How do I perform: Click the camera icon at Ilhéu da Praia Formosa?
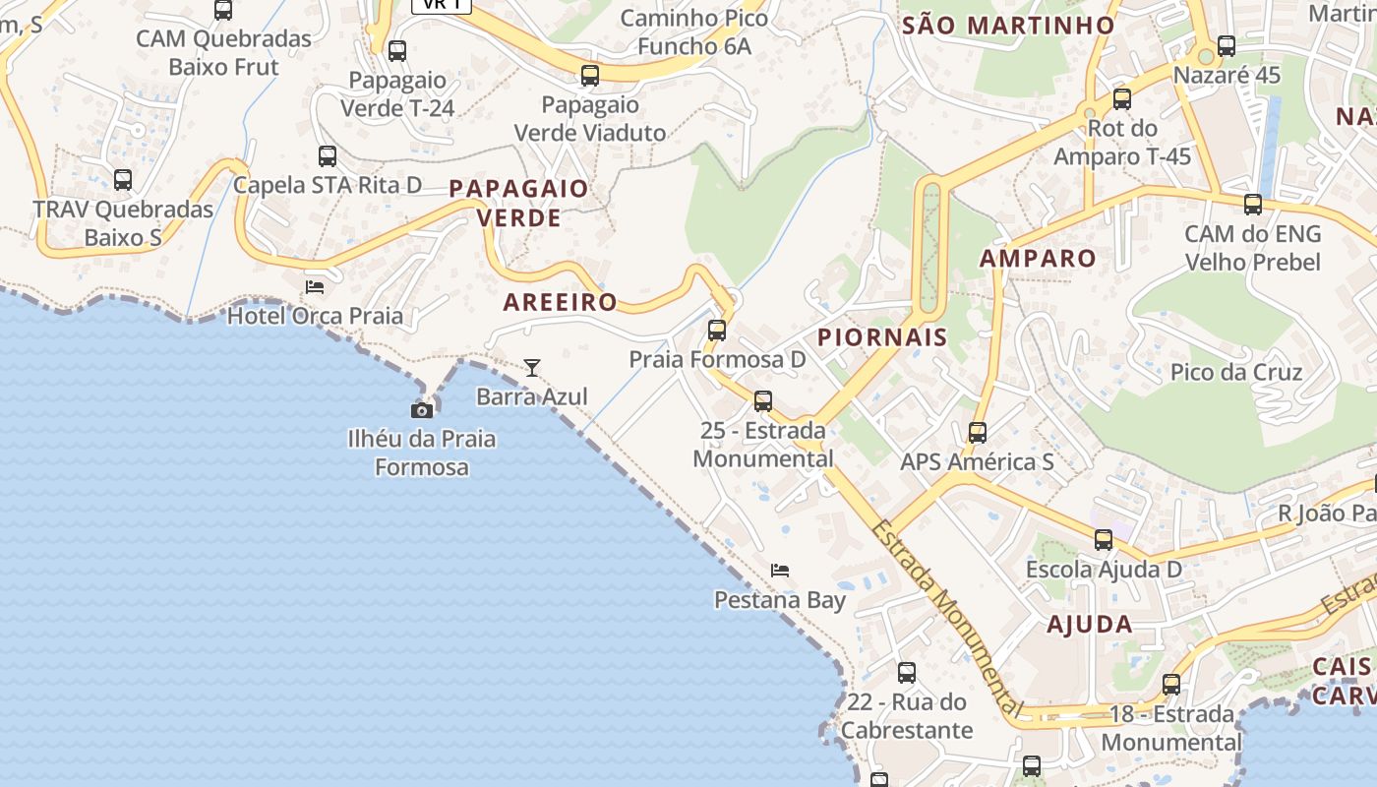tap(422, 410)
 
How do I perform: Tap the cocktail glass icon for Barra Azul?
tap(532, 368)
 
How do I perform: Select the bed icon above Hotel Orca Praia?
tap(315, 286)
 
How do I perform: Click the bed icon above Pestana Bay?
tap(780, 570)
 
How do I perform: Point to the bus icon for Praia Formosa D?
tap(717, 331)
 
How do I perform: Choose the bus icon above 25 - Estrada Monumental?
tap(762, 401)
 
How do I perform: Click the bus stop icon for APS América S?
tap(977, 433)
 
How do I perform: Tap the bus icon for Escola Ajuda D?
tap(1104, 540)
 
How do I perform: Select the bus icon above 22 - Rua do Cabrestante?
tap(907, 673)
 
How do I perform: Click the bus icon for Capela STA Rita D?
tap(328, 156)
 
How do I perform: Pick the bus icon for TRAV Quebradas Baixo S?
tap(123, 180)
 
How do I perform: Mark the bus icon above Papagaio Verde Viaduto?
tap(590, 76)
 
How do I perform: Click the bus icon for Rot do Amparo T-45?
tap(1122, 99)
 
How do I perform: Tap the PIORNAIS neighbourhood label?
tap(882, 337)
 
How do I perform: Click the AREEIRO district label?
tap(560, 302)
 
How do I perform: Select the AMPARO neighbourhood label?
tap(1038, 259)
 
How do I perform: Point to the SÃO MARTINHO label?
tap(1008, 26)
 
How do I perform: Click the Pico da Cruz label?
tap(1235, 373)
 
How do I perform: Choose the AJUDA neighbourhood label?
tap(1089, 624)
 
